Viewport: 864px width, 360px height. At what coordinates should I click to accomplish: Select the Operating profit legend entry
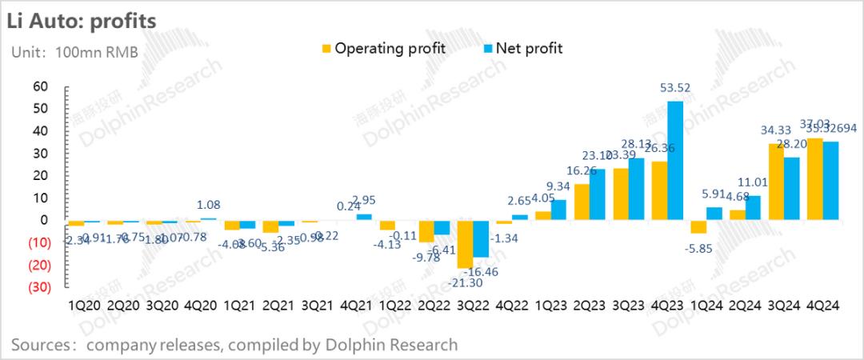(382, 49)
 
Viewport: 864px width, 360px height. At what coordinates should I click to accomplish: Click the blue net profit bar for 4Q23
(675, 160)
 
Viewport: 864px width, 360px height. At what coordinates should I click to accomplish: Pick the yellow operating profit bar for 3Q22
(464, 244)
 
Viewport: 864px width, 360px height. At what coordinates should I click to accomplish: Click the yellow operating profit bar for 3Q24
(774, 182)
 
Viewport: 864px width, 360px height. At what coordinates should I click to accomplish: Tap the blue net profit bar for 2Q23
(597, 194)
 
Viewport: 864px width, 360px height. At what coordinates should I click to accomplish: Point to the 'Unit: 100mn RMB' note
(74, 53)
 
